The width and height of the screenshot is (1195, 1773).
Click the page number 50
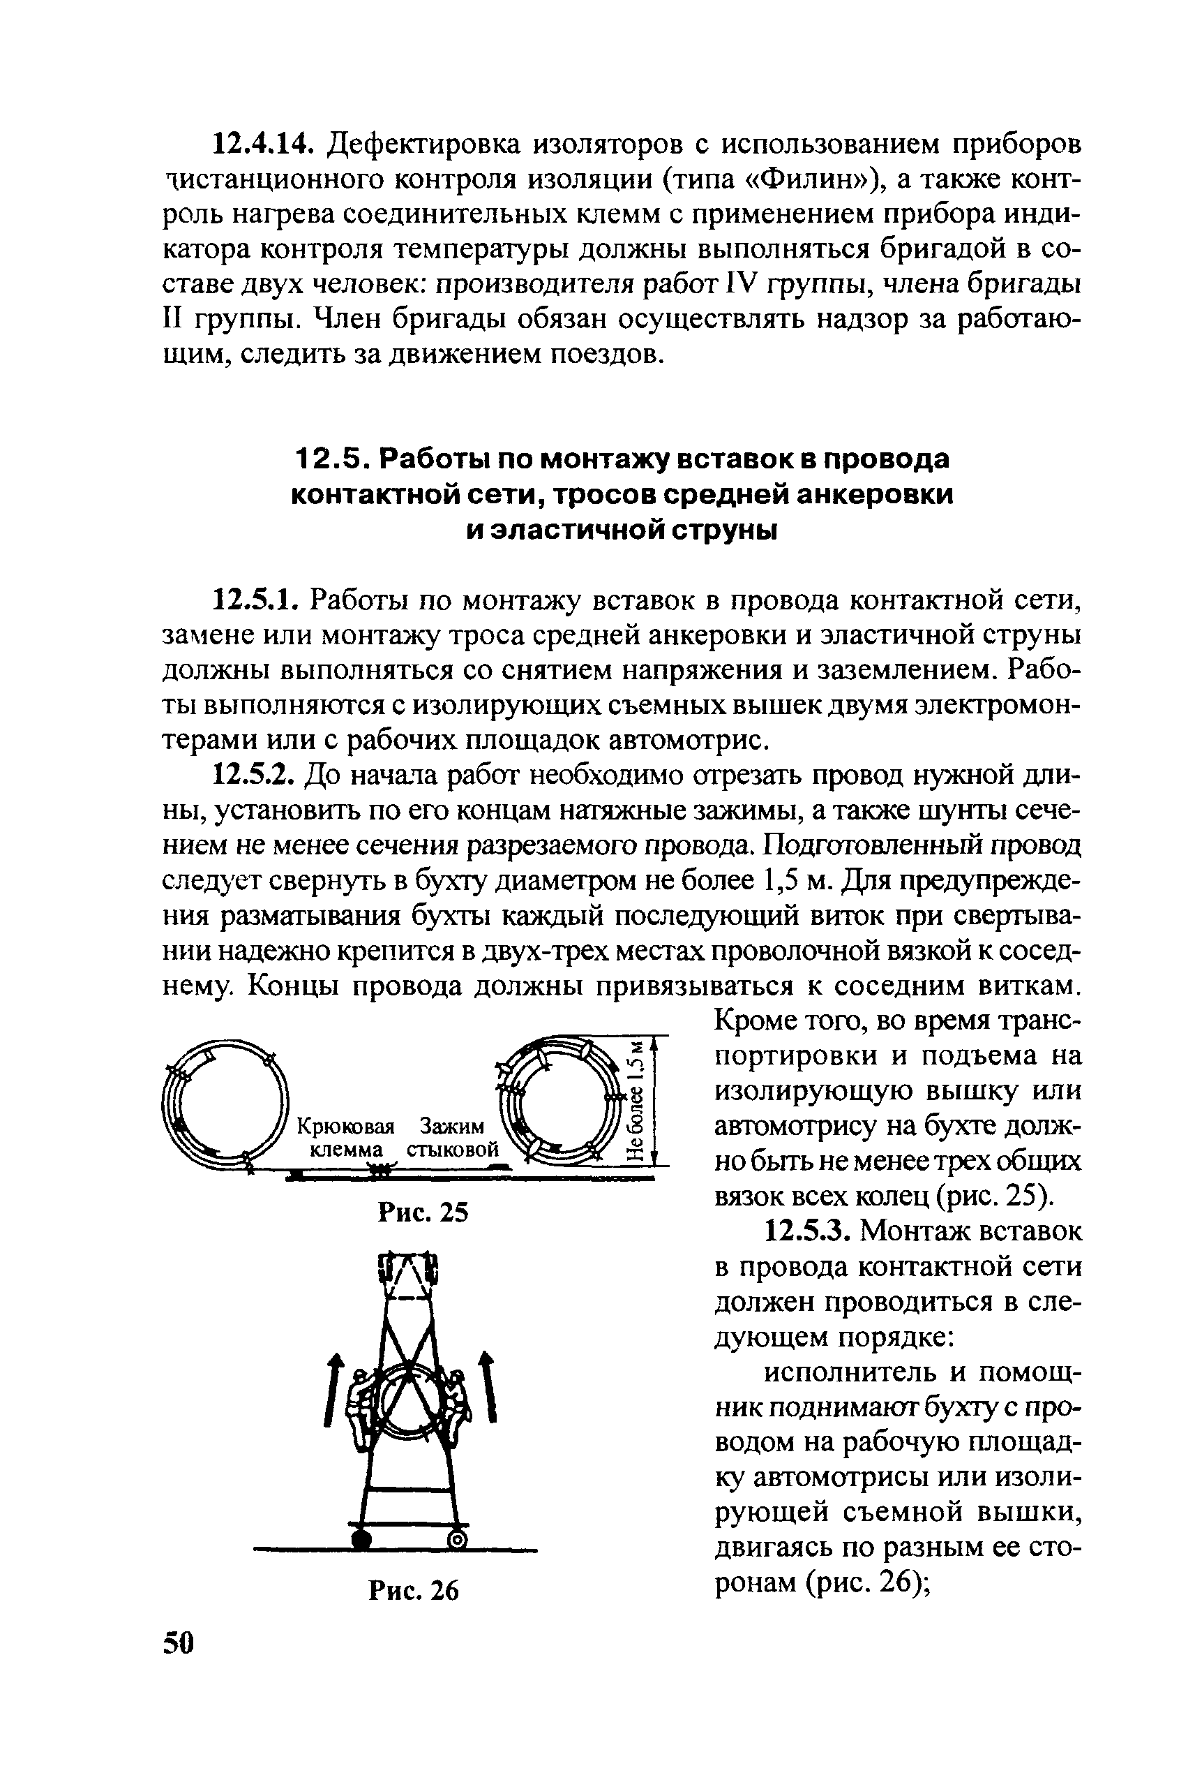pos(179,1642)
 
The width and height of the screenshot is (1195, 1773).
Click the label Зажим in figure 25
pos(452,1127)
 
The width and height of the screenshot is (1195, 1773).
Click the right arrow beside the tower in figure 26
pos(488,1386)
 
